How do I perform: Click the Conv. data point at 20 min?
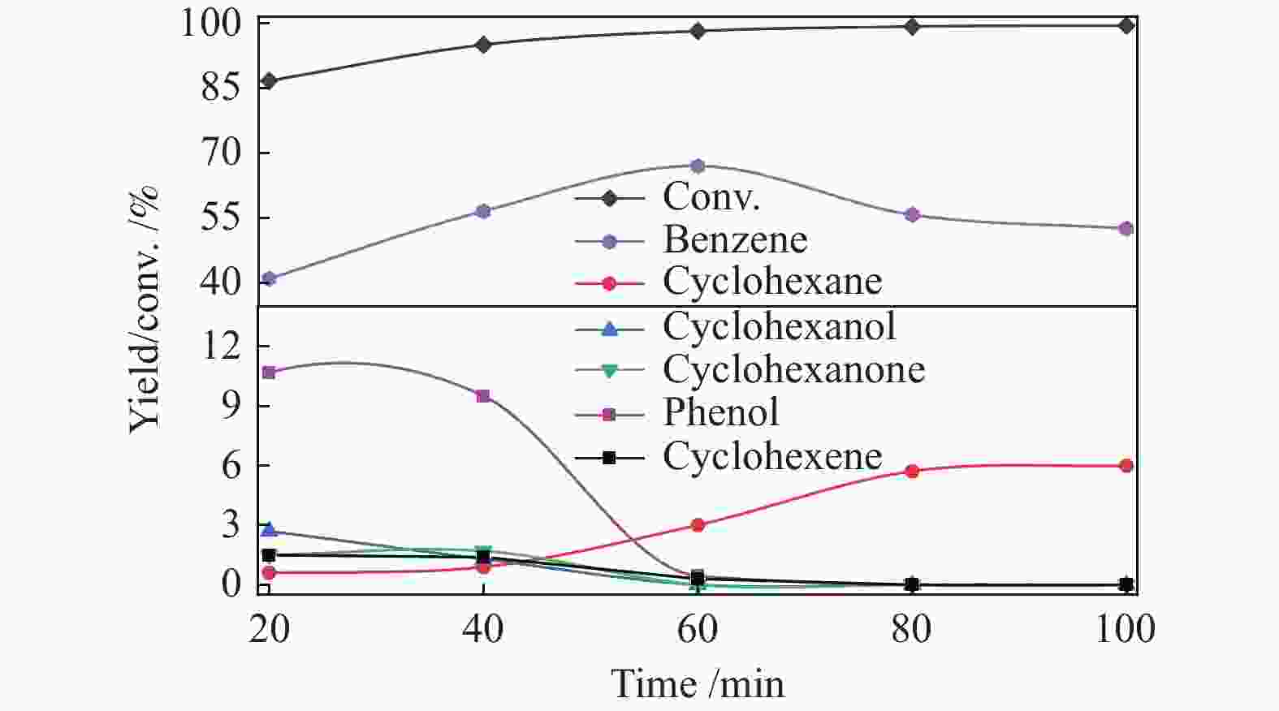click(269, 81)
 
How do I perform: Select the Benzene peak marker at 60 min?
click(698, 166)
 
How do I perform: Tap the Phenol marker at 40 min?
click(483, 396)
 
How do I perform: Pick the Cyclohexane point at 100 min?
click(1126, 466)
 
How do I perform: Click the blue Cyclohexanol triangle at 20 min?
click(269, 530)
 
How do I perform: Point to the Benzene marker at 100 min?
click(1126, 229)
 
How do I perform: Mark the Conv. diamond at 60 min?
click(698, 31)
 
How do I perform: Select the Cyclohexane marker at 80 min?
click(912, 471)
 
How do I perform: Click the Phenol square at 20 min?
click(269, 373)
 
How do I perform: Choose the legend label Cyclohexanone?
click(793, 369)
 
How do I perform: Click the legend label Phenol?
click(720, 412)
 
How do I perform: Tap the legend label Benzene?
click(735, 239)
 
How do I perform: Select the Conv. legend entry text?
click(711, 196)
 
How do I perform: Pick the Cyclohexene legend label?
click(771, 456)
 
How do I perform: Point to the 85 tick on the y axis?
click(221, 87)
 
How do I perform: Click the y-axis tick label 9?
click(231, 406)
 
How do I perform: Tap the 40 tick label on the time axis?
click(483, 629)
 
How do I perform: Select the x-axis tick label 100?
click(1126, 629)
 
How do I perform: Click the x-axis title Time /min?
click(698, 683)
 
